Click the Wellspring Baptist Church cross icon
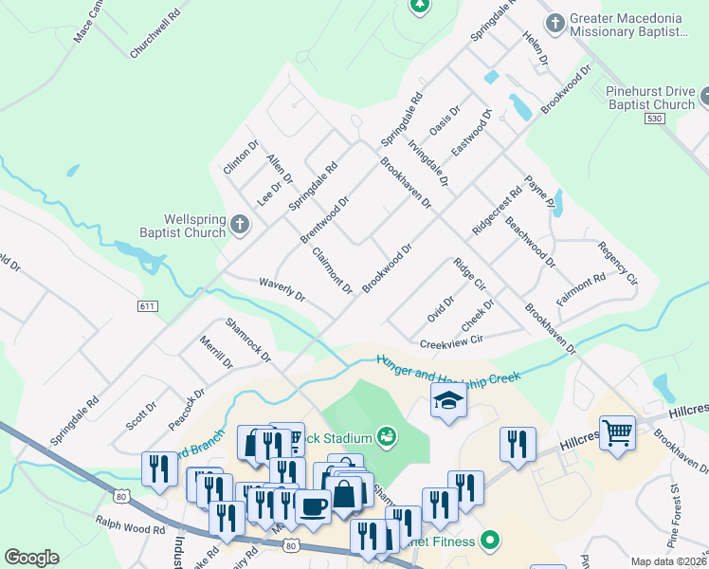[240, 225]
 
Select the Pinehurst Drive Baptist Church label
[649, 98]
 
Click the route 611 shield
[147, 306]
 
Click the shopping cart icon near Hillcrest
[617, 432]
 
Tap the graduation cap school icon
[448, 400]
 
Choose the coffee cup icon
[312, 504]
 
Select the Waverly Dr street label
[282, 288]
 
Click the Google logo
[31, 558]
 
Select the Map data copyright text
[669, 561]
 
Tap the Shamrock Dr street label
[247, 340]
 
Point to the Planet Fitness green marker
[489, 541]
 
